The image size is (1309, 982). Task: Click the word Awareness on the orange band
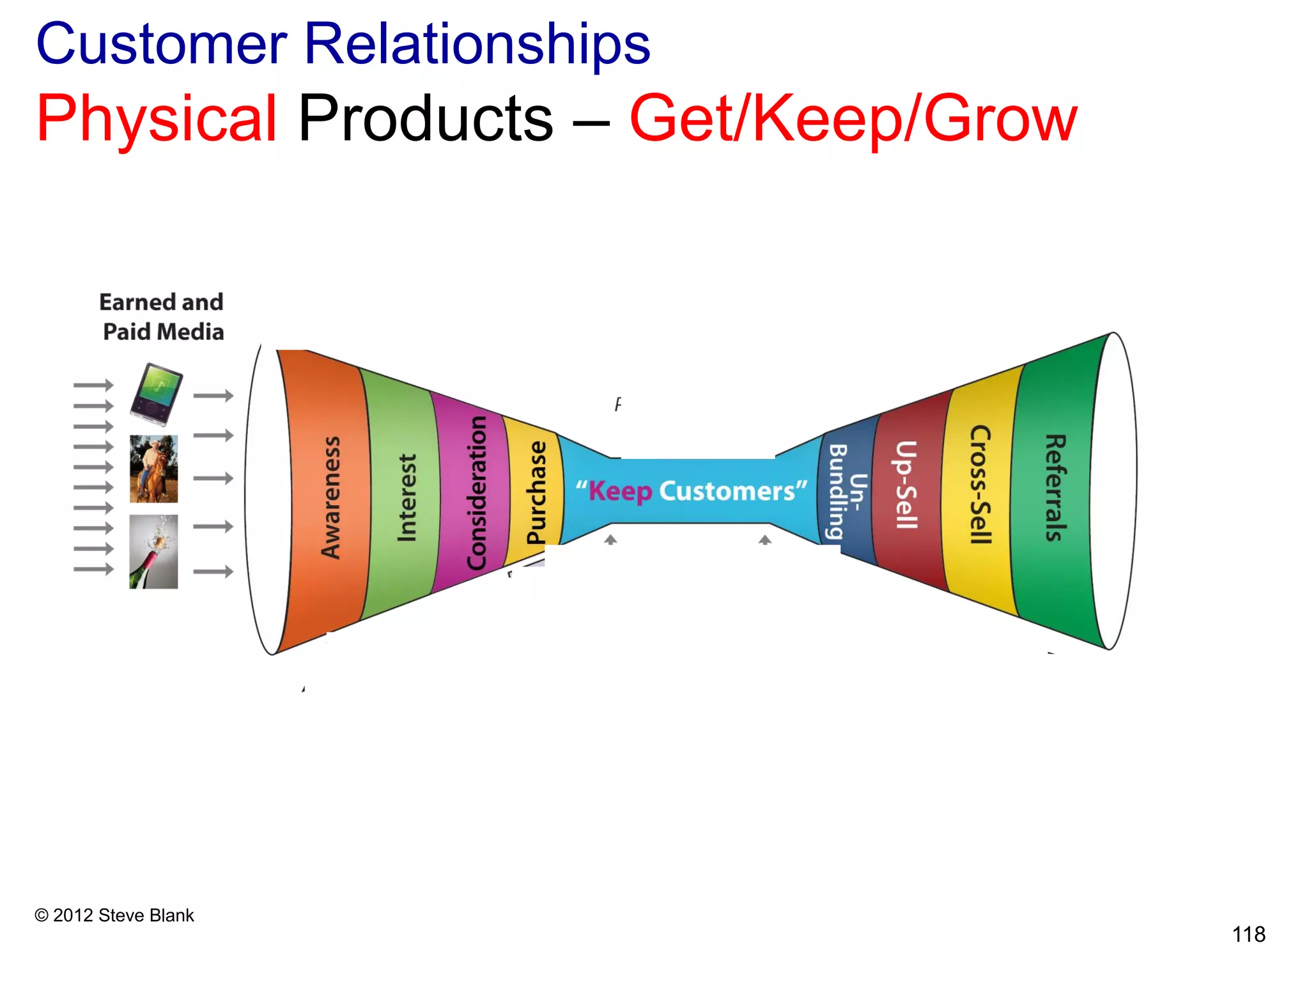pyautogui.click(x=330, y=497)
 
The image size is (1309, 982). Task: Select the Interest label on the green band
pyautogui.click(x=407, y=497)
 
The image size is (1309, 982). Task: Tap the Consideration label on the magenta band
pyautogui.click(x=477, y=492)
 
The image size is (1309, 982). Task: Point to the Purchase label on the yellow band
pyautogui.click(x=536, y=492)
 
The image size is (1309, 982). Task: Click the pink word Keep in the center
pyautogui.click(x=619, y=491)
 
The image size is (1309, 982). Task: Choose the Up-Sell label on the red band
pyautogui.click(x=906, y=486)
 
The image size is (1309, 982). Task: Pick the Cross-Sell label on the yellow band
pyautogui.click(x=980, y=485)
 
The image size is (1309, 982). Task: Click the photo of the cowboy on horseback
pyautogui.click(x=153, y=469)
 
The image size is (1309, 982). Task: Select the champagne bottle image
pyautogui.click(x=153, y=552)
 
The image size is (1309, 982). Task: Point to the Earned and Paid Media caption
pyautogui.click(x=162, y=317)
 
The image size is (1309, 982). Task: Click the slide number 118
pyautogui.click(x=1248, y=935)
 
